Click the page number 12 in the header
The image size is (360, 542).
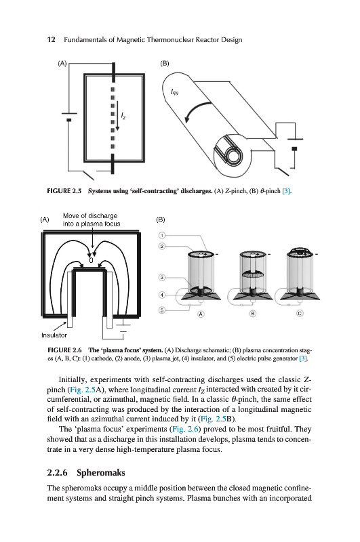51,40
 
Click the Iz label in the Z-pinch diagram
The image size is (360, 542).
123,116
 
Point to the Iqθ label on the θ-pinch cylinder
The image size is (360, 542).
174,92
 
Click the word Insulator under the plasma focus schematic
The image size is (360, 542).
54,335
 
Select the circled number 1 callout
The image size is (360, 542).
162,235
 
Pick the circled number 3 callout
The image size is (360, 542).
162,277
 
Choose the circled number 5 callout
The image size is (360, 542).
162,310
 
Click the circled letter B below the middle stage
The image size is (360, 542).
253,314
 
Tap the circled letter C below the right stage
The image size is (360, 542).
300,314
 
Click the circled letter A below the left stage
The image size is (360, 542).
201,314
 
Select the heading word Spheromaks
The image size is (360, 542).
100,473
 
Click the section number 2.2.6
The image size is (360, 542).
57,472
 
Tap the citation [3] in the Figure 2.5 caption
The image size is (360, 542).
287,191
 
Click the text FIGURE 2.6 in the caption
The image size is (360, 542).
64,350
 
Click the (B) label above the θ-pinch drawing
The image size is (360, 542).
165,63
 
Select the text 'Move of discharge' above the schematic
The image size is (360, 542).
90,215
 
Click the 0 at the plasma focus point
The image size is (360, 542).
91,260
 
